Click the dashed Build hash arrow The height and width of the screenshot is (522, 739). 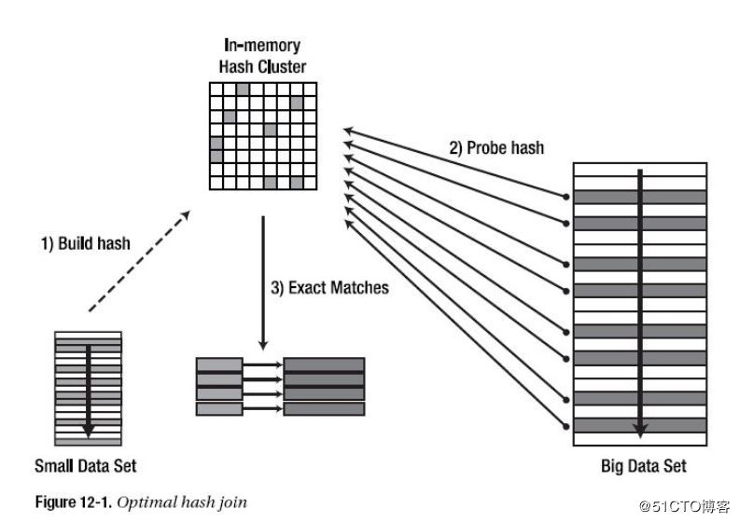click(137, 262)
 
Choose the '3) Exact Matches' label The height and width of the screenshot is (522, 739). click(329, 288)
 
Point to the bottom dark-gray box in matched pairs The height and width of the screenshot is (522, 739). click(324, 408)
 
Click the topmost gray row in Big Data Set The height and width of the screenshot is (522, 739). click(639, 197)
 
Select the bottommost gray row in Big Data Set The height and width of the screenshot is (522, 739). click(639, 425)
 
